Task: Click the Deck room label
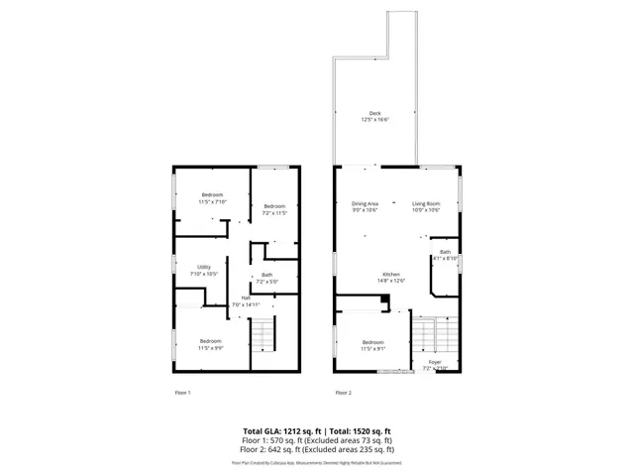[375, 113]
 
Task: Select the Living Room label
[426, 203]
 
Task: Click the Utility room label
[204, 267]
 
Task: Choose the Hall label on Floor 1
[245, 297]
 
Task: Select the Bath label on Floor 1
[267, 276]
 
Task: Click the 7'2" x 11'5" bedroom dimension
[274, 212]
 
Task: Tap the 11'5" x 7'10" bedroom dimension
[213, 201]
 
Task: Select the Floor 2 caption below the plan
[343, 393]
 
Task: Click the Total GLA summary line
[316, 431]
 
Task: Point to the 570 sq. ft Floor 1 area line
[316, 440]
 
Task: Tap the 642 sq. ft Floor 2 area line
[316, 448]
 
